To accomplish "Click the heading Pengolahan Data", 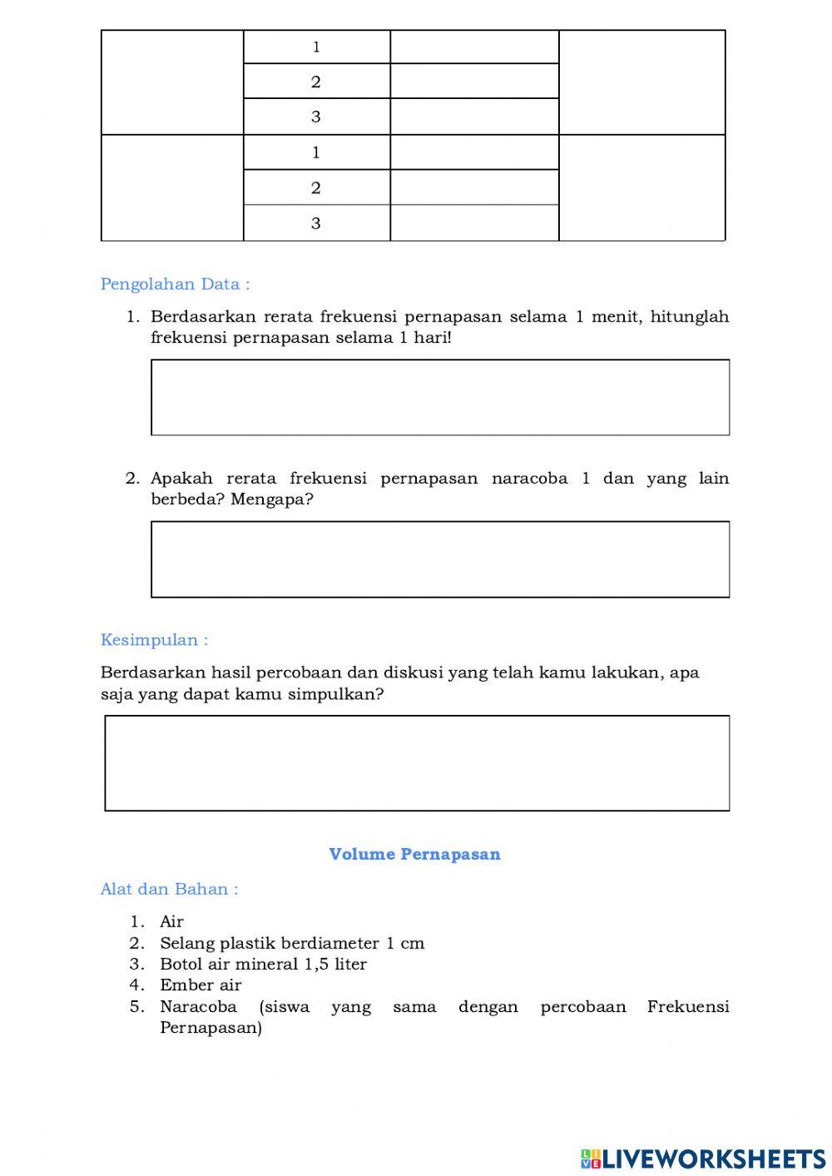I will (x=175, y=284).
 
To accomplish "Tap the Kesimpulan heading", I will (x=154, y=640).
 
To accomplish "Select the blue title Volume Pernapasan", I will (x=414, y=854).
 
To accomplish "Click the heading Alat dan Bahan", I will (x=169, y=889).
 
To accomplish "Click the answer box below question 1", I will (x=440, y=397).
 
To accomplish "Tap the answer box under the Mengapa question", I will (x=440, y=559).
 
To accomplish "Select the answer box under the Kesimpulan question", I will (x=417, y=763).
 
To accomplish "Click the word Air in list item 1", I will (x=171, y=921).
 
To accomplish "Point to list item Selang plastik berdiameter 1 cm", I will (x=292, y=943).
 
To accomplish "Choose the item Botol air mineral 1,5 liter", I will (x=263, y=964).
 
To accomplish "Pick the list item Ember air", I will (x=201, y=985).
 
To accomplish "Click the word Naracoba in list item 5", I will (x=198, y=1007).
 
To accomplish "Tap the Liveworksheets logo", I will (x=703, y=1158).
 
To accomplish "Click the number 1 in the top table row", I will (x=316, y=47).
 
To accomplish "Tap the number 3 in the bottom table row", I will (x=316, y=223).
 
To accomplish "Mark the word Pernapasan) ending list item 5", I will (x=210, y=1028).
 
